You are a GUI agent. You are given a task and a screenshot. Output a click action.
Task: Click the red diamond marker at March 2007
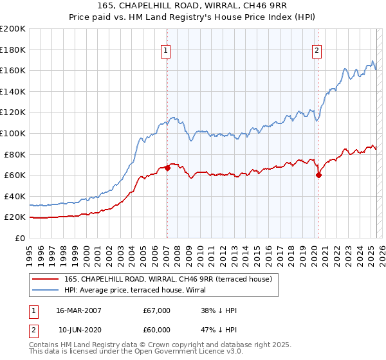tap(167, 168)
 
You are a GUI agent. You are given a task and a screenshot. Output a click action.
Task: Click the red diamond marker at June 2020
tap(318, 175)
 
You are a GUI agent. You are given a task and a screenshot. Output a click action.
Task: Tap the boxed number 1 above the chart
tap(166, 51)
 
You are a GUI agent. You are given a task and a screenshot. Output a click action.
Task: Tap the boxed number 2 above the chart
tap(317, 51)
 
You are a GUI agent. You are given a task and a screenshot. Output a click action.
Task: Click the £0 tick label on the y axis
tap(19, 238)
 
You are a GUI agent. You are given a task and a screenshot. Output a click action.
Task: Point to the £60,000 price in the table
tap(157, 330)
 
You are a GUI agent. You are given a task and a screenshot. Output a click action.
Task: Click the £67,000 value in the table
tap(157, 310)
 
